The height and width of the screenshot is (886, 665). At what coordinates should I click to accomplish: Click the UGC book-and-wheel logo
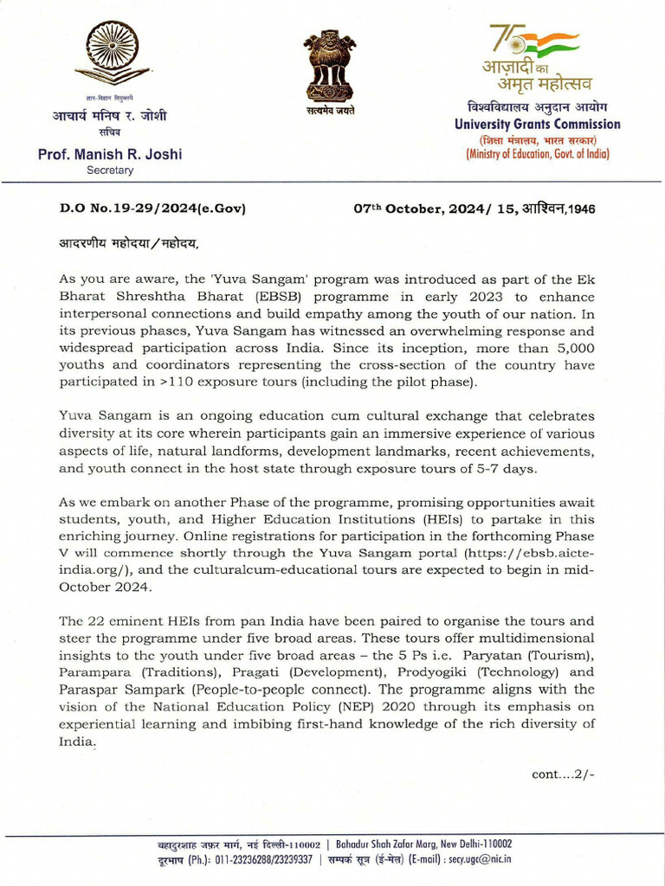(112, 54)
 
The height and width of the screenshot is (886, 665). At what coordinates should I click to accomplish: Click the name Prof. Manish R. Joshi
(110, 155)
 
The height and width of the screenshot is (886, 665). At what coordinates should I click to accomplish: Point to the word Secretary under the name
(110, 170)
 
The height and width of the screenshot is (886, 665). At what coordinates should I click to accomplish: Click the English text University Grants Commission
(538, 125)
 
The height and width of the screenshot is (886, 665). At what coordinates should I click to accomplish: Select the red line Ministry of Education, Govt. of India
(538, 154)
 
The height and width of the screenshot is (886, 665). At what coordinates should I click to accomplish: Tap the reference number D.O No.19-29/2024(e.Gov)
(152, 209)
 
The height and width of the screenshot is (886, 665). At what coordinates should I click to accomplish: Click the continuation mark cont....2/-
(563, 774)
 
